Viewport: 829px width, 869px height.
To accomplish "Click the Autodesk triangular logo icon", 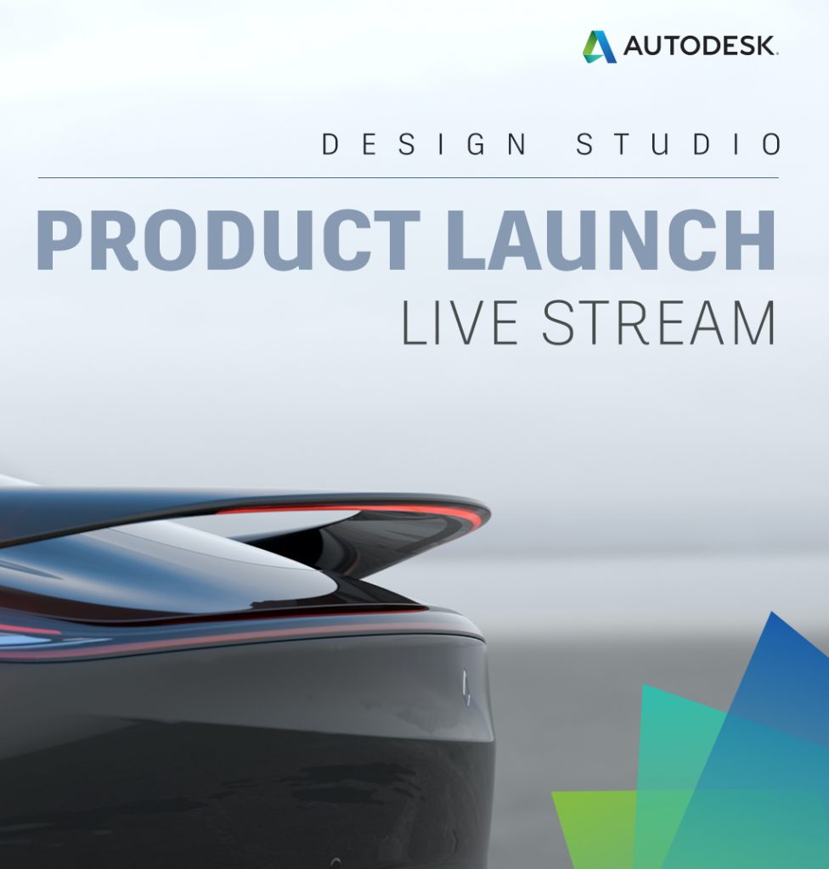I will pyautogui.click(x=600, y=47).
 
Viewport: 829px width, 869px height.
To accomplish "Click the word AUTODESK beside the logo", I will pyautogui.click(x=700, y=47).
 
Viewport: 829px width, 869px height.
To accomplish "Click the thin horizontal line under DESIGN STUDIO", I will pyautogui.click(x=408, y=178).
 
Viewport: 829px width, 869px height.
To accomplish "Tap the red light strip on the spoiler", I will pyautogui.click(x=357, y=510).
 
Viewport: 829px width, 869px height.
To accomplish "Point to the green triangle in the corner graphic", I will pyautogui.click(x=595, y=827).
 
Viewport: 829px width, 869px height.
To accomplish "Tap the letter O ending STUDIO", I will pyautogui.click(x=770, y=144).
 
